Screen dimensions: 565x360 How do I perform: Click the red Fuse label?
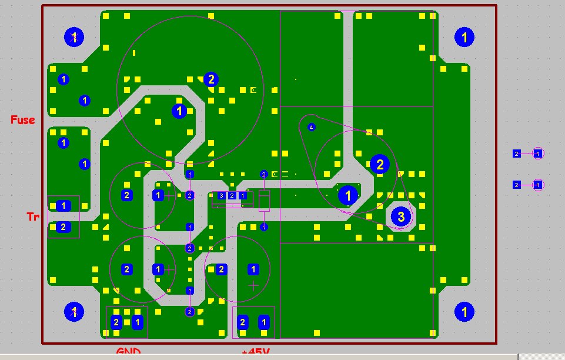(x=23, y=120)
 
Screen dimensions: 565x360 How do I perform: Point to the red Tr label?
(x=33, y=216)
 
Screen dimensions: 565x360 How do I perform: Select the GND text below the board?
(x=128, y=352)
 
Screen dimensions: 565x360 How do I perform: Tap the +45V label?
(x=256, y=353)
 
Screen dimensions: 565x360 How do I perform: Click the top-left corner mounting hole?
(x=74, y=38)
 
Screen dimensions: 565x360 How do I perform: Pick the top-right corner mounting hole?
(x=464, y=38)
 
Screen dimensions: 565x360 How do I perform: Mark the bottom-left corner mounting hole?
(x=74, y=311)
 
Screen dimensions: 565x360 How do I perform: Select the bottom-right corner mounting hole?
(x=464, y=311)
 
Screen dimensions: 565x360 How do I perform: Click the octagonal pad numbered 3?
(x=401, y=216)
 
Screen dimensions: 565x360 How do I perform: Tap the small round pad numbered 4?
(x=311, y=127)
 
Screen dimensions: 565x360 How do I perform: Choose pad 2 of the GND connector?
(x=116, y=322)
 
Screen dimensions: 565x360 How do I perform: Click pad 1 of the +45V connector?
(x=264, y=322)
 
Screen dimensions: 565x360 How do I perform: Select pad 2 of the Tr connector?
(x=63, y=227)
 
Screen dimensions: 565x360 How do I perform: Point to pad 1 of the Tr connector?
(x=63, y=206)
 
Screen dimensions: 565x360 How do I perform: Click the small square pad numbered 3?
(x=221, y=195)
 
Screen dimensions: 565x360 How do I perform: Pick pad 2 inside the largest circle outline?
(x=211, y=79)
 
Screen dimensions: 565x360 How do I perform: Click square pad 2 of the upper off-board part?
(x=516, y=154)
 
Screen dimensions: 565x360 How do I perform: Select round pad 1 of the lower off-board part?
(x=537, y=185)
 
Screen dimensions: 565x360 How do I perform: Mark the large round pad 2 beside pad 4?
(x=379, y=164)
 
